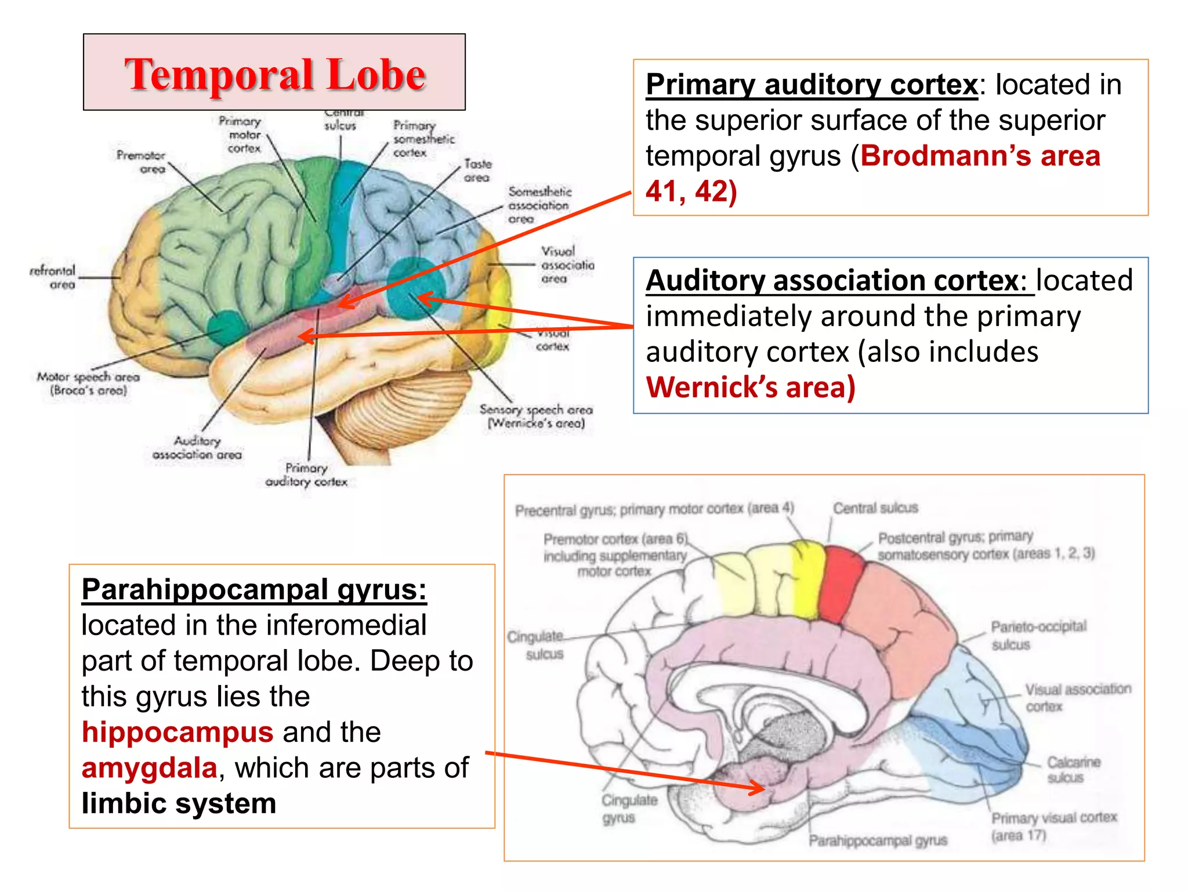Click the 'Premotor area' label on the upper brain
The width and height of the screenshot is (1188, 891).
point(141,162)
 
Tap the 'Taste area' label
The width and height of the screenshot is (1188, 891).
point(477,171)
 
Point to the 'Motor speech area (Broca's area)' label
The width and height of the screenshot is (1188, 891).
point(88,383)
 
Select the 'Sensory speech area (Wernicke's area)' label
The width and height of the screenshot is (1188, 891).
point(536,416)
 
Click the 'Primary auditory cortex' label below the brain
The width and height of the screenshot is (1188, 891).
point(306,475)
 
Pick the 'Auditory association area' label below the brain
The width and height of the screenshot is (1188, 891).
point(197,448)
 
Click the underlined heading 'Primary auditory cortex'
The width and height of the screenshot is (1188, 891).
point(812,85)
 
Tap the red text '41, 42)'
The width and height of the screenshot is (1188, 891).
point(691,191)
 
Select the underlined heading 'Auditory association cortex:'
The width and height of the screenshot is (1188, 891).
point(839,281)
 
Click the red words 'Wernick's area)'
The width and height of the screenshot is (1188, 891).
point(751,387)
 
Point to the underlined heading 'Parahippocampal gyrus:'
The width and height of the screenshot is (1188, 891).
point(254,590)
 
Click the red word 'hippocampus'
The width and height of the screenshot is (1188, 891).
point(178,732)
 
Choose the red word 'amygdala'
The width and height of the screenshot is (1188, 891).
point(150,768)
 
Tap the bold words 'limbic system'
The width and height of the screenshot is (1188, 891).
point(179,804)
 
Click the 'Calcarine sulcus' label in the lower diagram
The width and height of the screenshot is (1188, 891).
point(1073,770)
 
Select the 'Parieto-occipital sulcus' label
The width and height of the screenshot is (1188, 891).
point(1038,635)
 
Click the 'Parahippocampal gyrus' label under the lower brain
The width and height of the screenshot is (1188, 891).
point(878,841)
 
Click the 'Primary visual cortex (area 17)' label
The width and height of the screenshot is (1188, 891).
point(1053,826)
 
